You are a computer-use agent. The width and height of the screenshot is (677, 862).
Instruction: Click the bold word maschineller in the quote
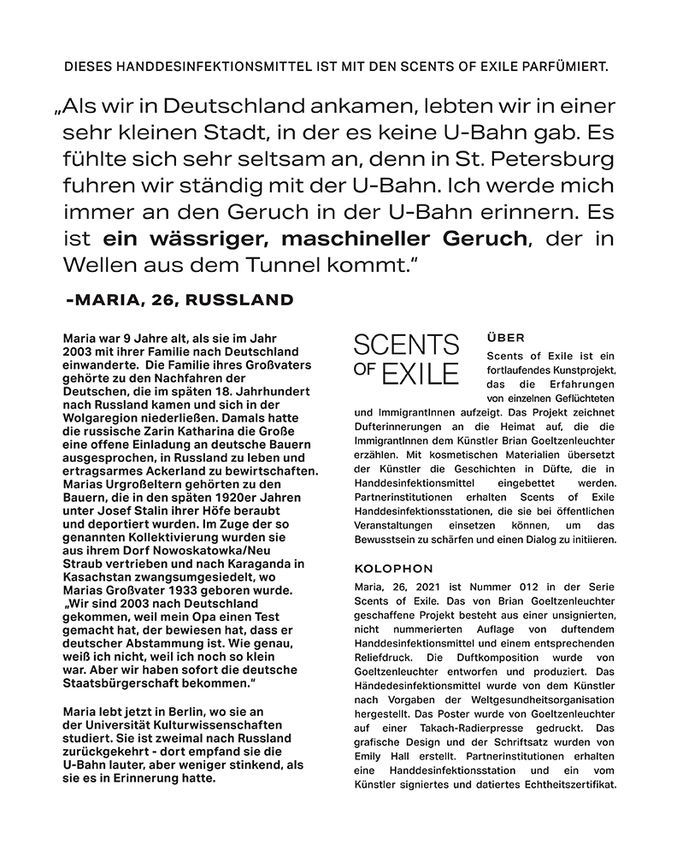(363, 239)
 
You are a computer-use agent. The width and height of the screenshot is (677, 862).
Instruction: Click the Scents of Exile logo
(406, 359)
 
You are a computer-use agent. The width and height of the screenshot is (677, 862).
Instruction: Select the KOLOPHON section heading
(393, 569)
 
